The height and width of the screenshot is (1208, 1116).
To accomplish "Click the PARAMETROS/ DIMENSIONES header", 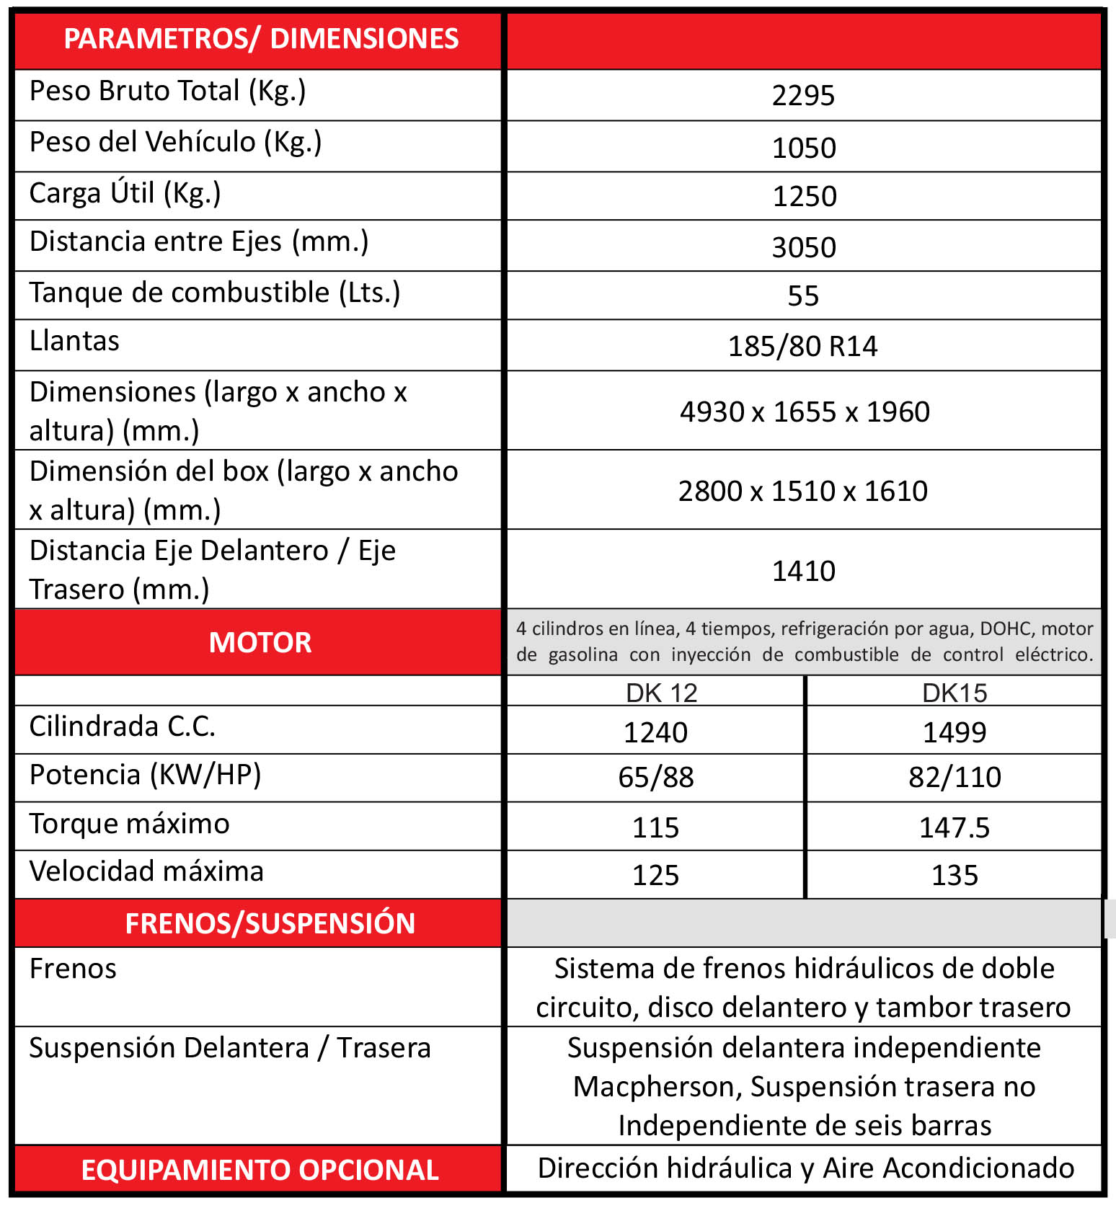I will click(261, 39).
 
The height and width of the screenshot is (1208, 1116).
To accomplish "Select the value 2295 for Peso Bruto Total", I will click(803, 95).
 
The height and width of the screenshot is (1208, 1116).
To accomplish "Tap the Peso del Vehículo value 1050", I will click(804, 148).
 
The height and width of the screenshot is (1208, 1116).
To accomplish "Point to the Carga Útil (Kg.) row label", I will click(125, 194).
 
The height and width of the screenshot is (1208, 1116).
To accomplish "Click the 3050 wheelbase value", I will click(804, 247).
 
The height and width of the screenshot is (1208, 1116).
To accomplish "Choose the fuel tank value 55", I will click(803, 296).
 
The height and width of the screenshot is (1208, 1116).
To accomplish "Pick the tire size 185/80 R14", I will click(802, 346).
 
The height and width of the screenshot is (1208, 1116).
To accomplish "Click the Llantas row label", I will click(74, 341).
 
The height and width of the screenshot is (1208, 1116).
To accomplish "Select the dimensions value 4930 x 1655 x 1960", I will click(805, 412).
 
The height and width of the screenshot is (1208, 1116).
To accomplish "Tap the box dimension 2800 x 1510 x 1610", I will click(803, 491).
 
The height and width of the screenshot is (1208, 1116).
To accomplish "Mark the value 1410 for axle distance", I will click(803, 571).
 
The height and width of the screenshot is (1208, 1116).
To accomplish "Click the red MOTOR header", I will click(260, 642).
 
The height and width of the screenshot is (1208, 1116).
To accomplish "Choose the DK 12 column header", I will click(661, 693).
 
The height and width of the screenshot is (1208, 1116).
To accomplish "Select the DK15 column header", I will click(955, 693).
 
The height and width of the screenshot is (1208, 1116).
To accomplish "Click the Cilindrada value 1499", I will click(955, 732).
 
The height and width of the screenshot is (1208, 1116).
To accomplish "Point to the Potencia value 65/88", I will click(656, 777).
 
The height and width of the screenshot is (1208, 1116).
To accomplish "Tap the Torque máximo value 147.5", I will click(955, 827).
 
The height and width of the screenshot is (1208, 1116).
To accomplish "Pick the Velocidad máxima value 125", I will click(656, 875).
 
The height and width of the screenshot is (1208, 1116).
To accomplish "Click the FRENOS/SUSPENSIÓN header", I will click(270, 923).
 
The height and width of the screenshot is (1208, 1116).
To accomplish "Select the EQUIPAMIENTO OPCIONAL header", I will click(260, 1170).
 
